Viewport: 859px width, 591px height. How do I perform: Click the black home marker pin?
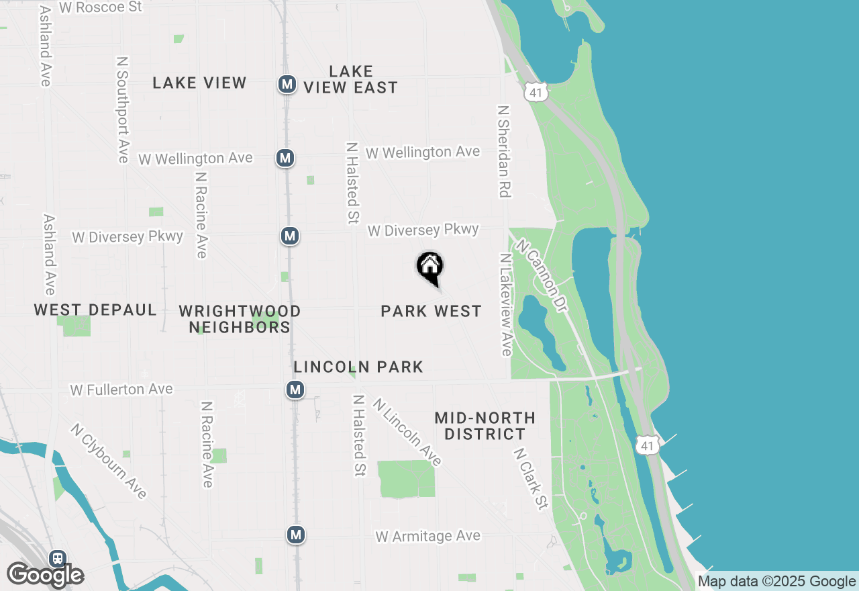pyautogui.click(x=429, y=268)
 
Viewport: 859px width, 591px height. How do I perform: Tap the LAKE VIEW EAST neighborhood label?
pyautogui.click(x=350, y=79)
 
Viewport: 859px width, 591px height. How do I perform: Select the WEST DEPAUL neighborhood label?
pyautogui.click(x=95, y=310)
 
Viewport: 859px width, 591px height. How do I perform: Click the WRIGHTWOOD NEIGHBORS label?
pyautogui.click(x=240, y=319)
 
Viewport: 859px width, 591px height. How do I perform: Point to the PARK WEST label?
pyautogui.click(x=431, y=311)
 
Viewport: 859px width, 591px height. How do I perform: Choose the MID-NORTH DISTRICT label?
pyautogui.click(x=485, y=426)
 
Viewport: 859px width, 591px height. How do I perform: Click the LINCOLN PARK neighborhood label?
pyautogui.click(x=358, y=367)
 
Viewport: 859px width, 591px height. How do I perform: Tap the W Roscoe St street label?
pyautogui.click(x=101, y=7)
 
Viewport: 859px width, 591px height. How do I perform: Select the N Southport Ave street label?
pyautogui.click(x=123, y=109)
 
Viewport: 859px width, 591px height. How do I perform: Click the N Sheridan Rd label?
pyautogui.click(x=504, y=150)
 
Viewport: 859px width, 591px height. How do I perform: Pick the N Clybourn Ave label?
pyautogui.click(x=108, y=461)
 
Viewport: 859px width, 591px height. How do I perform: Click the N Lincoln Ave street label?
pyautogui.click(x=407, y=432)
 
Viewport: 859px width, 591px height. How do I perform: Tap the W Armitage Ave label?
pyautogui.click(x=428, y=536)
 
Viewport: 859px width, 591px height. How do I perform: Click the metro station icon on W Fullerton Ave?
pyautogui.click(x=295, y=390)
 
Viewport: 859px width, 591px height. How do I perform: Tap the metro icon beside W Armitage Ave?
pyautogui.click(x=296, y=535)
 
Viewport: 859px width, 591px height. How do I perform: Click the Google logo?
pyautogui.click(x=45, y=575)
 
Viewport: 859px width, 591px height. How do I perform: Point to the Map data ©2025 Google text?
pyautogui.click(x=776, y=582)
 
